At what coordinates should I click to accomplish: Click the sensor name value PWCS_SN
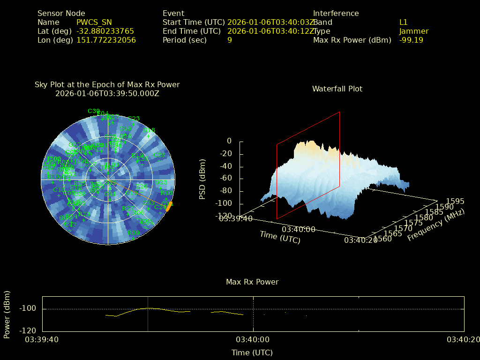coord(94,22)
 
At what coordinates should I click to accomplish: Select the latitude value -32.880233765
coord(105,31)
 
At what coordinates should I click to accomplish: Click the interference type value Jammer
coord(414,31)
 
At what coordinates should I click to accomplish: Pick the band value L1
coord(404,22)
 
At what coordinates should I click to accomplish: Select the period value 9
coord(230,40)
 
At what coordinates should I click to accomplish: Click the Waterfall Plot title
coord(337,89)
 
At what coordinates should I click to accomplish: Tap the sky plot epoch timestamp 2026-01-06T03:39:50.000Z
coord(107,93)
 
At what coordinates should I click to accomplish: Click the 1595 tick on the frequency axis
coord(455,202)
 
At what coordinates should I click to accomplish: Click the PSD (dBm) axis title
coord(202,179)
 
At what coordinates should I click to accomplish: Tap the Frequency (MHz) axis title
coord(435,225)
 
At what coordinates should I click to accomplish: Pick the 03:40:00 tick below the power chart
coord(253,339)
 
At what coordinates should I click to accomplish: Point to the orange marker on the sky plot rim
coord(170,205)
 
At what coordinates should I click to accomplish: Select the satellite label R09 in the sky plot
coord(134,233)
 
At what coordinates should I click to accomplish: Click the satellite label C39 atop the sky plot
coord(94,111)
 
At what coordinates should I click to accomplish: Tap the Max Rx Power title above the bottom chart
coord(252,282)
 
